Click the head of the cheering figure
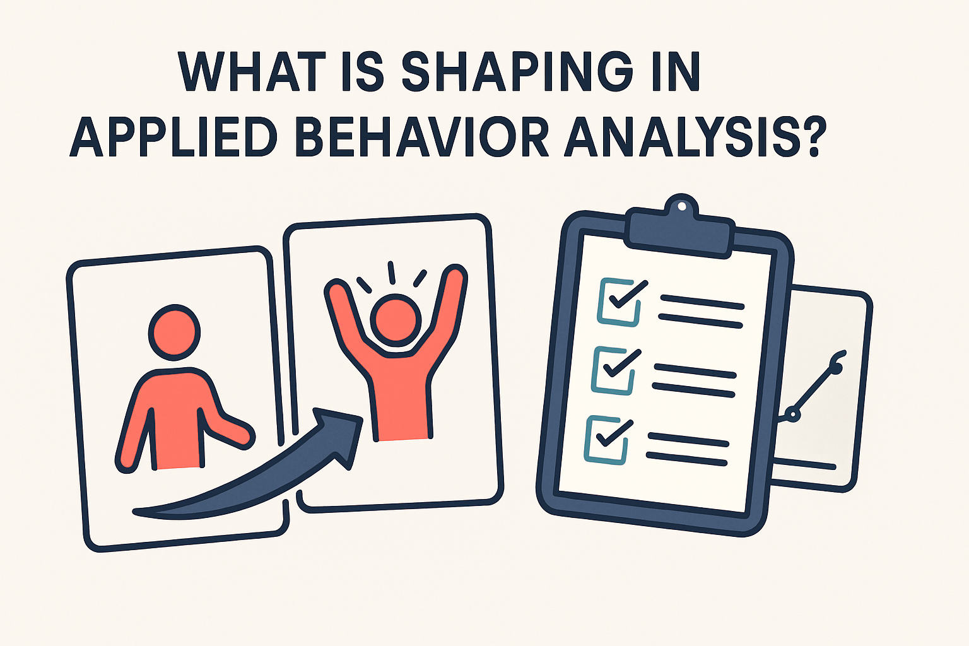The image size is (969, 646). [396, 319]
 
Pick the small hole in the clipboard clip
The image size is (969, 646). [681, 206]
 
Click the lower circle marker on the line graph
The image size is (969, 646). [793, 415]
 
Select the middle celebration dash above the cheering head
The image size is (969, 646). [392, 273]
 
